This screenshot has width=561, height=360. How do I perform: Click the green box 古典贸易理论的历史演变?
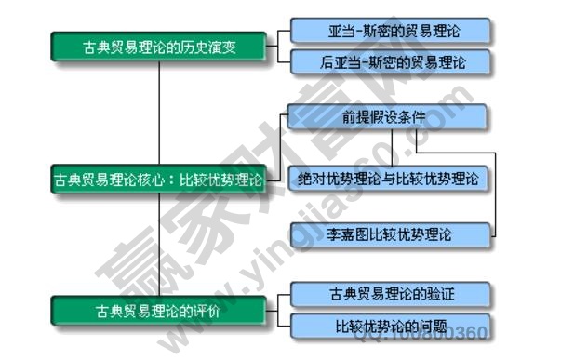tap(159, 46)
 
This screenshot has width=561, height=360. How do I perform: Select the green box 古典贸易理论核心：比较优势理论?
tap(159, 178)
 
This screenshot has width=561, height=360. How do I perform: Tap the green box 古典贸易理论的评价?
tap(159, 310)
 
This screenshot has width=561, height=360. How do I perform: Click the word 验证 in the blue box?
tap(441, 295)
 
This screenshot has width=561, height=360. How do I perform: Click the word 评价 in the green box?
tap(207, 310)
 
